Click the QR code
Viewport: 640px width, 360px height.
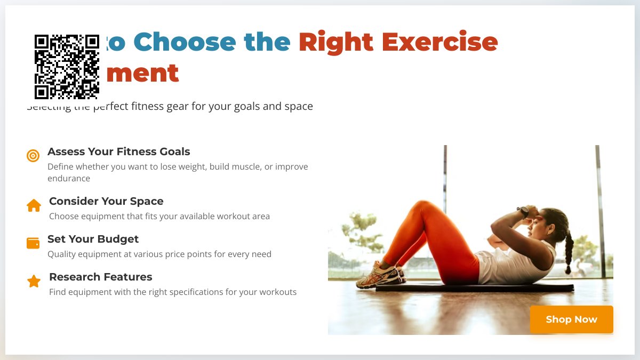pos(67,67)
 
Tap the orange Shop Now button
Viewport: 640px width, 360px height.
pos(571,319)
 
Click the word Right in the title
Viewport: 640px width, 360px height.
pos(336,42)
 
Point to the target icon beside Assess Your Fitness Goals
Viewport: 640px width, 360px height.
pos(33,156)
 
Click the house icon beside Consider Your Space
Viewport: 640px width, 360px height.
pos(34,205)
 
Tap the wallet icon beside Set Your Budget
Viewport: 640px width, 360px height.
pos(33,243)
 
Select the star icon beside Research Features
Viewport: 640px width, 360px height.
pos(34,281)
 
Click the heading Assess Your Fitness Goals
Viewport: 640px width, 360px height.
pos(118,151)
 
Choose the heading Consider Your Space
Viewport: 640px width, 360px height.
pos(106,201)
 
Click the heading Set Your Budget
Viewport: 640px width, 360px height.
pos(93,239)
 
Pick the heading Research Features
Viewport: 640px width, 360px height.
pos(100,277)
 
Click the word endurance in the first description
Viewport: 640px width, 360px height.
pos(69,179)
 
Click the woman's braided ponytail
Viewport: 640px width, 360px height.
pos(569,251)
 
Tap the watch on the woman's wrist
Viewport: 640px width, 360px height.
pos(523,211)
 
